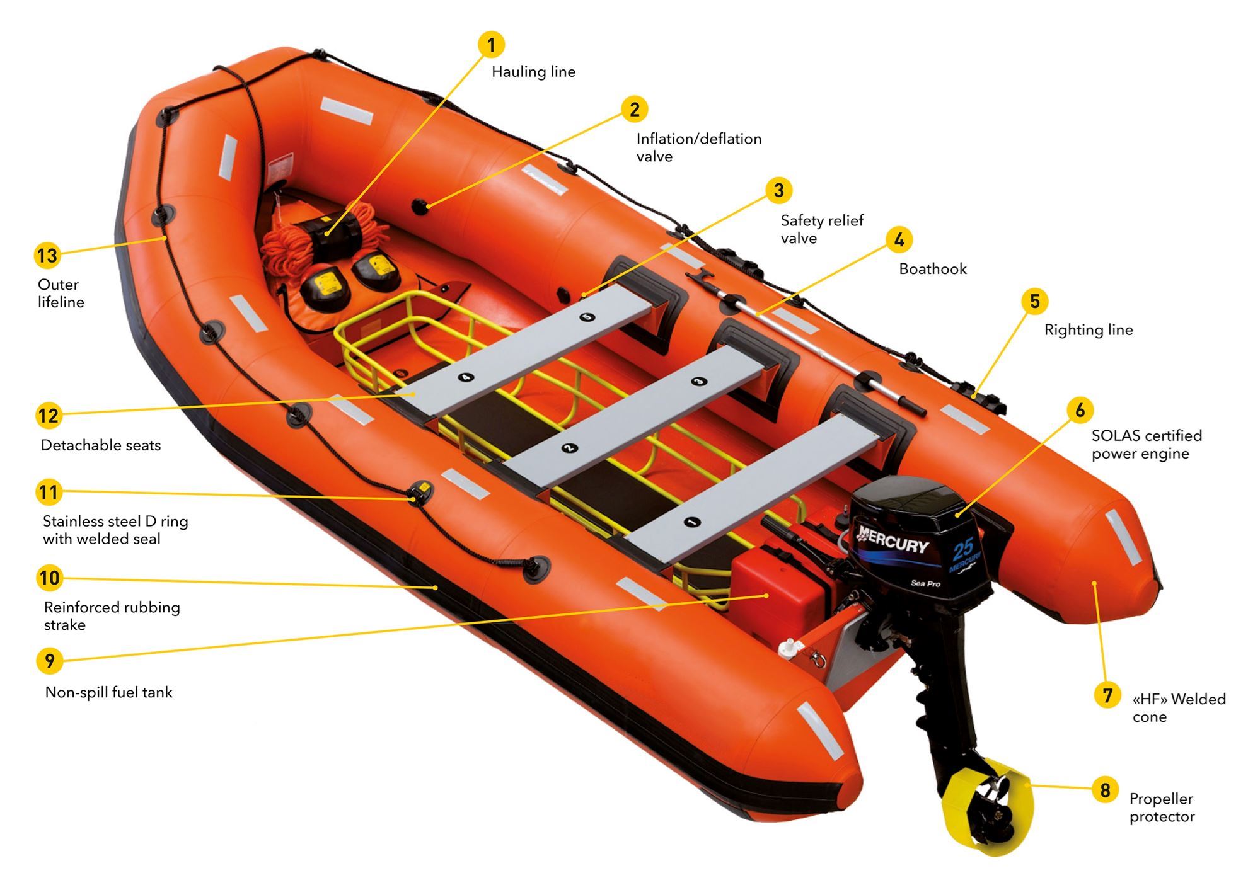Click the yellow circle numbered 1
[491, 45]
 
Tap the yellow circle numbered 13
[47, 256]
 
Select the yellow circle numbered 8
[1105, 790]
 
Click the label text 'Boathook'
[932, 269]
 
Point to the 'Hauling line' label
[533, 72]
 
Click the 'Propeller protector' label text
[1162, 807]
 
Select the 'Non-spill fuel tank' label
[108, 692]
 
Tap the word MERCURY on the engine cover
[893, 539]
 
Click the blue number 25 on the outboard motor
[962, 549]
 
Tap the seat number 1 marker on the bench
[691, 522]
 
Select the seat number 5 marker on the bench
[587, 317]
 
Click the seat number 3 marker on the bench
[698, 381]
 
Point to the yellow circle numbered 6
[1080, 410]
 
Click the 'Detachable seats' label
[101, 445]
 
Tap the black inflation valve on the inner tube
[420, 206]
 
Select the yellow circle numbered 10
[49, 578]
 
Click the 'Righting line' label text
[1089, 330]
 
